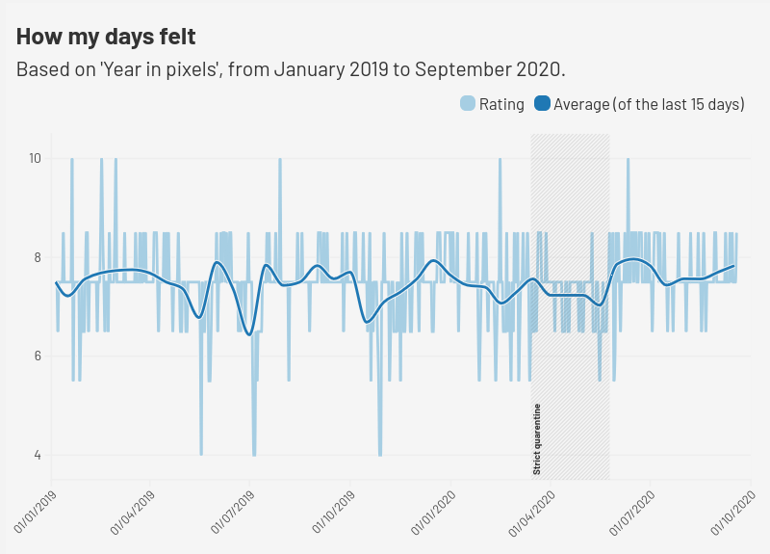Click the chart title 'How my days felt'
pyautogui.click(x=106, y=38)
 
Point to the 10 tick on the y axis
pyautogui.click(x=34, y=158)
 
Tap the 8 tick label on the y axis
pyautogui.click(x=37, y=257)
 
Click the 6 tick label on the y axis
pyautogui.click(x=37, y=356)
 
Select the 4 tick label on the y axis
pyautogui.click(x=37, y=455)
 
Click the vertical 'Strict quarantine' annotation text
pyautogui.click(x=537, y=439)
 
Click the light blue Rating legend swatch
pyautogui.click(x=468, y=104)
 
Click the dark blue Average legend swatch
pyautogui.click(x=542, y=104)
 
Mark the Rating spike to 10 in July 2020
pyautogui.click(x=628, y=160)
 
